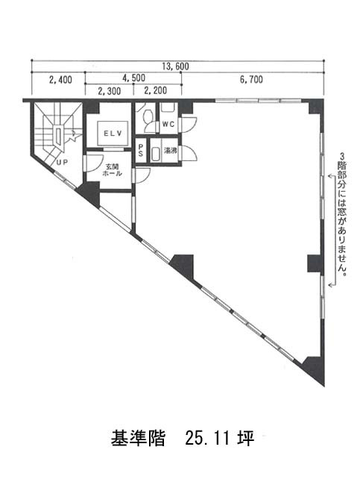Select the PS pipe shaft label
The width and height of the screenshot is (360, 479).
(140, 150)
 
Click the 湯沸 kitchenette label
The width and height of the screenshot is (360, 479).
(171, 151)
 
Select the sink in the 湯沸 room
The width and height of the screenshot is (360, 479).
(155, 154)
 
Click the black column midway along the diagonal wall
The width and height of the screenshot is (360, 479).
(183, 266)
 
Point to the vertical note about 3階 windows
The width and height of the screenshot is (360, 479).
(342, 216)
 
